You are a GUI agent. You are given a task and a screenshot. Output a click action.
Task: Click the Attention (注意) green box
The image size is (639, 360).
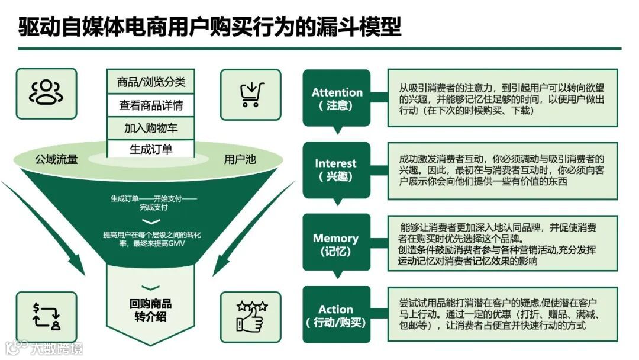(x=336, y=98)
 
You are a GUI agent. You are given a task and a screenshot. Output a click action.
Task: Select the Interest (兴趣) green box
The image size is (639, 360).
(x=336, y=169)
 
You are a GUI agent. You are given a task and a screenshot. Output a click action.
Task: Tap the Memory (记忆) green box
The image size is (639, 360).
(x=336, y=244)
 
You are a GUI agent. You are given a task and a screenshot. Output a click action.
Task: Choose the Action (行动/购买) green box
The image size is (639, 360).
(x=336, y=316)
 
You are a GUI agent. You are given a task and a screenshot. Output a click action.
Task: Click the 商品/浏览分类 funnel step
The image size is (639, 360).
(x=151, y=82)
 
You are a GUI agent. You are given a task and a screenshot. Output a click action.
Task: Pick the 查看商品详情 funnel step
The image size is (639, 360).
(x=151, y=105)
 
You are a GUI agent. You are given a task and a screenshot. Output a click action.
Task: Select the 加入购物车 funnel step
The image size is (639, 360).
(x=151, y=128)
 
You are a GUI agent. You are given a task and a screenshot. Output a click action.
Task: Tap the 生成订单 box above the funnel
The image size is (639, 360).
(x=151, y=149)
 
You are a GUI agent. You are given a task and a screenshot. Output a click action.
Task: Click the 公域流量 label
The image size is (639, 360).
(x=56, y=159)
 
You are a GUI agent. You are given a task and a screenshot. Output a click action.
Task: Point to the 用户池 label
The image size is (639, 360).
(x=240, y=159)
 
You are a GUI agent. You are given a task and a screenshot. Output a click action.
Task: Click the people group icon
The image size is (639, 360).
(x=46, y=92)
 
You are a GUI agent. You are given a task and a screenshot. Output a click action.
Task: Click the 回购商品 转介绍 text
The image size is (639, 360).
(x=151, y=310)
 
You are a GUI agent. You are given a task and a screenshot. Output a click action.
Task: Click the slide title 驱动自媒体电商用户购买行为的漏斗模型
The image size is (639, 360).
(x=209, y=26)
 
